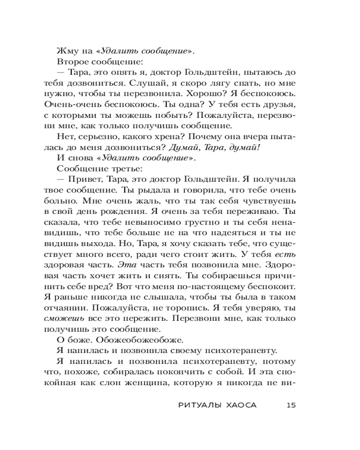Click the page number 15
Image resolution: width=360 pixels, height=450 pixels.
(x=290, y=405)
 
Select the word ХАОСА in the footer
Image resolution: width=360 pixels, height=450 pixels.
(x=238, y=405)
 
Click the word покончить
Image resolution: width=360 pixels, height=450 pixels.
(x=198, y=373)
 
